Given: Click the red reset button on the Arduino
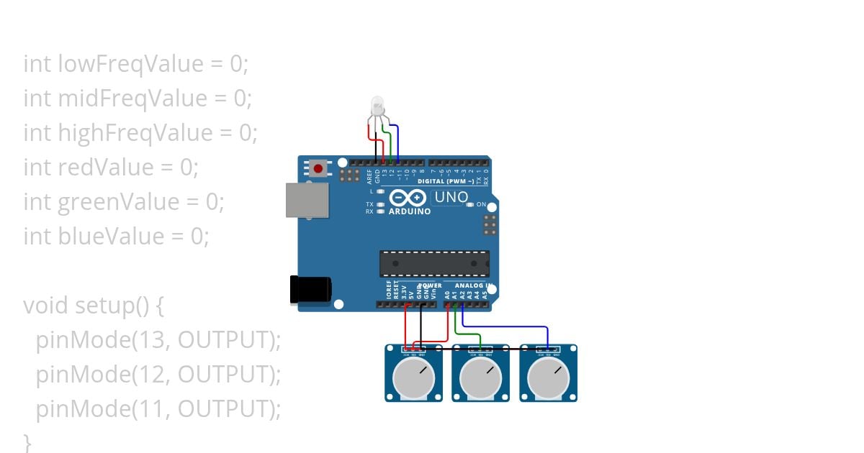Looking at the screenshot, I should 318,169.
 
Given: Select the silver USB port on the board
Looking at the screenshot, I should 307,199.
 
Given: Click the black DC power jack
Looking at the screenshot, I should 310,288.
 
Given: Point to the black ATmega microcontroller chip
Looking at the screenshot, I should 434,263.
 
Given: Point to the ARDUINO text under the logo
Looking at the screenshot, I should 409,212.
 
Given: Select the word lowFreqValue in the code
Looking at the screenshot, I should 132,64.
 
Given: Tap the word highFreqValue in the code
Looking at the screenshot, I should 135,133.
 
